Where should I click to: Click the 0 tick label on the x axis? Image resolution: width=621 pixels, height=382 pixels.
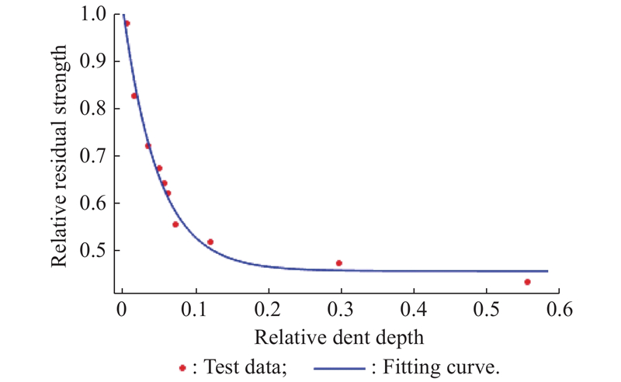point(122,311)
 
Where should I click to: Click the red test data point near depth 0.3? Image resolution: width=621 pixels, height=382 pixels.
point(338,263)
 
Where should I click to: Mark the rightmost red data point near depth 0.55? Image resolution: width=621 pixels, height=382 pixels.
point(527,282)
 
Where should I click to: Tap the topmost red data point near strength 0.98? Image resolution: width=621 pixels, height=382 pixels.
point(127,23)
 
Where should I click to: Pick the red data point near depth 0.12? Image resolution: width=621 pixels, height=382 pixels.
point(210,242)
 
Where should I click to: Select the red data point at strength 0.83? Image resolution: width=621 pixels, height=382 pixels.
point(134,96)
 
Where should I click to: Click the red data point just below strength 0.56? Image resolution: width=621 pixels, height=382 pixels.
point(175,224)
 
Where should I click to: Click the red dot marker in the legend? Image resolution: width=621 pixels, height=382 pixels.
point(182,368)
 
